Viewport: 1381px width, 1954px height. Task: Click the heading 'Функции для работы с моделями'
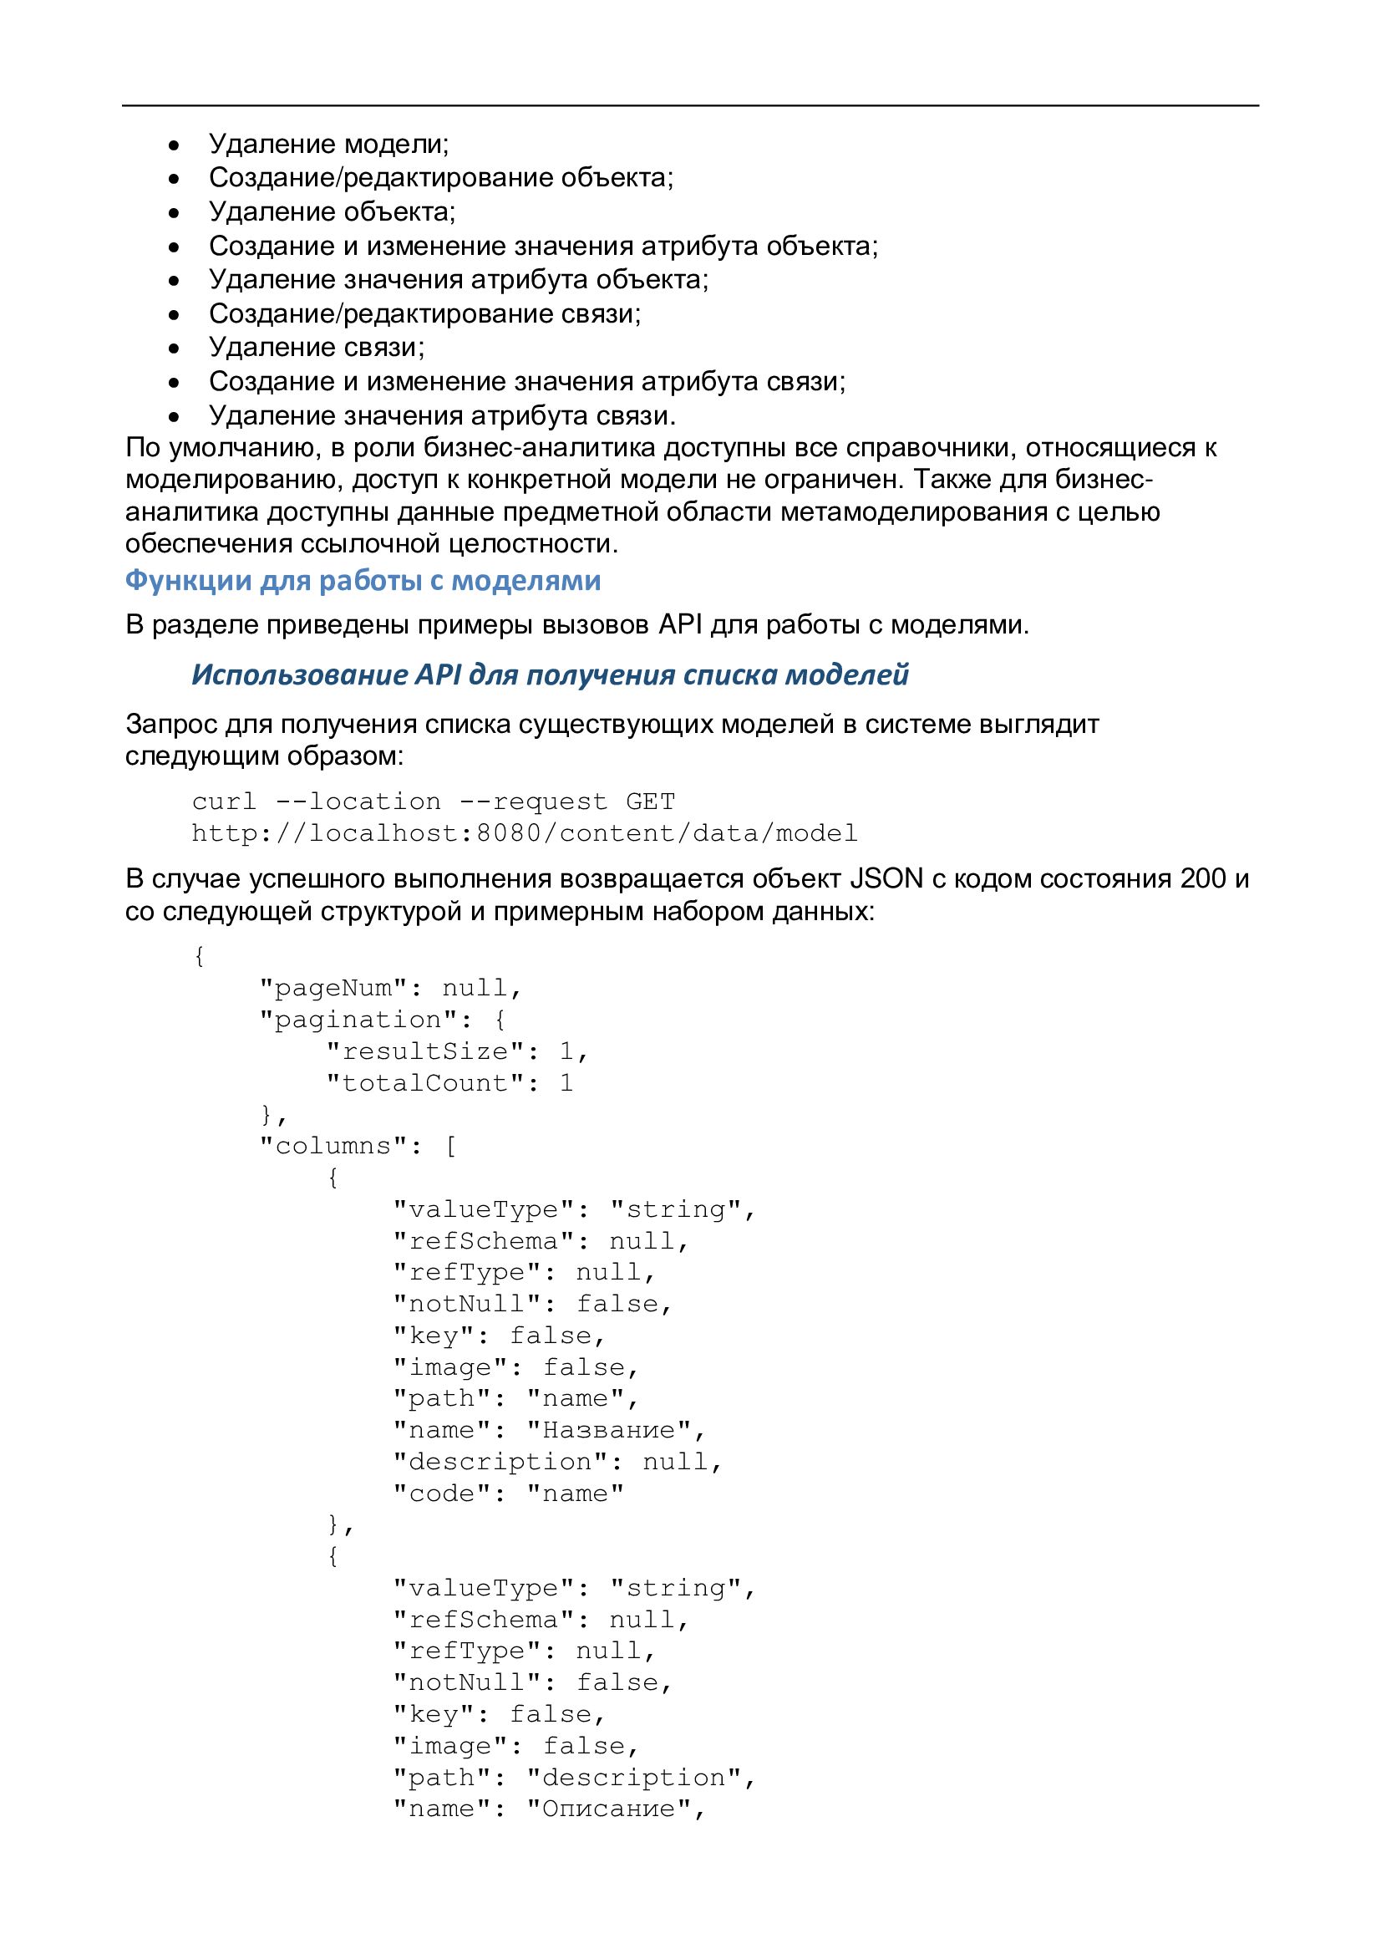(x=363, y=580)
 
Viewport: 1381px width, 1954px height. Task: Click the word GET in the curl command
(x=650, y=801)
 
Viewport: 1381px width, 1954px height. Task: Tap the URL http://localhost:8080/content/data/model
(x=524, y=833)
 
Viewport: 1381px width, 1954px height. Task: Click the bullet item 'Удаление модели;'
(x=328, y=144)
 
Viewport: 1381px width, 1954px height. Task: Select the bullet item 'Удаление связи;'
(x=317, y=347)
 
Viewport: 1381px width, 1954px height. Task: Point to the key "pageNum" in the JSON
(x=333, y=988)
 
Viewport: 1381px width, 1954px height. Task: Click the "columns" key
(x=333, y=1147)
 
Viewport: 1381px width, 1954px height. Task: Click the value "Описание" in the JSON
(x=608, y=1809)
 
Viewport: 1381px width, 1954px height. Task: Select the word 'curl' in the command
(x=224, y=801)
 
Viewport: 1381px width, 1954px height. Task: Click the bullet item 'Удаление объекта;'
(x=332, y=212)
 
